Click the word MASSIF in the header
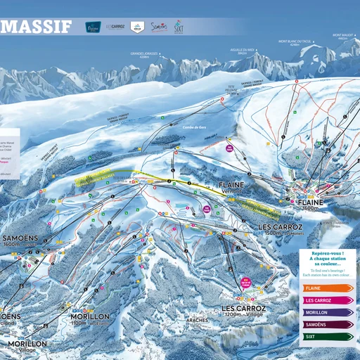[36, 27]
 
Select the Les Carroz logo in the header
[115, 27]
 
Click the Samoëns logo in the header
[160, 27]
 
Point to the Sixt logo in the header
[179, 27]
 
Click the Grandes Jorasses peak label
[139, 54]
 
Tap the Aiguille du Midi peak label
[243, 50]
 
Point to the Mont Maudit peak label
[343, 35]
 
